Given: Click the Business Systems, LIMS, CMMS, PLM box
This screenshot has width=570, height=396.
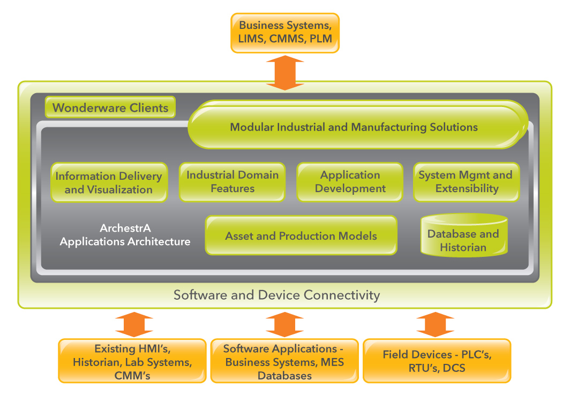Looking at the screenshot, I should click(285, 33).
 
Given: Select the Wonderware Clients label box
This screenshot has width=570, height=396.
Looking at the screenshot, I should click(110, 108).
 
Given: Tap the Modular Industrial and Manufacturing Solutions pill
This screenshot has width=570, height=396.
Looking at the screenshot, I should click(354, 127).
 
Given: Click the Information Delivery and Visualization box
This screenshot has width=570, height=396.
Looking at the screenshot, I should click(109, 182).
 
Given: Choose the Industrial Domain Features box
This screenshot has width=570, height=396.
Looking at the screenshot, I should click(232, 182).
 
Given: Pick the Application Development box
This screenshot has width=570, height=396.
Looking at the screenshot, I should click(350, 182).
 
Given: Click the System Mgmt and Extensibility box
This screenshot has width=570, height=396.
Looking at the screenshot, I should click(466, 182).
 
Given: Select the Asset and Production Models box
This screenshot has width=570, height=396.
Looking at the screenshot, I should click(301, 236).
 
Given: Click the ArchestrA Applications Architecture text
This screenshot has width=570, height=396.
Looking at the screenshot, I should click(125, 235).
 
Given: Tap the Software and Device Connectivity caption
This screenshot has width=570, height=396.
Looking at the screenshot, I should click(276, 295).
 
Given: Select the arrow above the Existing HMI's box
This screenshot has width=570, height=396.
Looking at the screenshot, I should click(134, 324).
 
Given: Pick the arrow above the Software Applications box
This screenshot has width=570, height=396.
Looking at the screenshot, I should click(284, 324).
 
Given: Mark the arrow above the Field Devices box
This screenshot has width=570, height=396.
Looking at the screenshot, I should click(435, 324).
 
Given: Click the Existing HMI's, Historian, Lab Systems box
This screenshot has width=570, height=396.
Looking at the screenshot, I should click(132, 361).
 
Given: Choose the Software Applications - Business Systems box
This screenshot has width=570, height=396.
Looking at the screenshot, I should click(284, 361).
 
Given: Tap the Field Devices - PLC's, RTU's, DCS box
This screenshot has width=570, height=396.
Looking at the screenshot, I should click(437, 361).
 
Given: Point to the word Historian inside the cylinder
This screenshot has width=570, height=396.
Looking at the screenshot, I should click(463, 248).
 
